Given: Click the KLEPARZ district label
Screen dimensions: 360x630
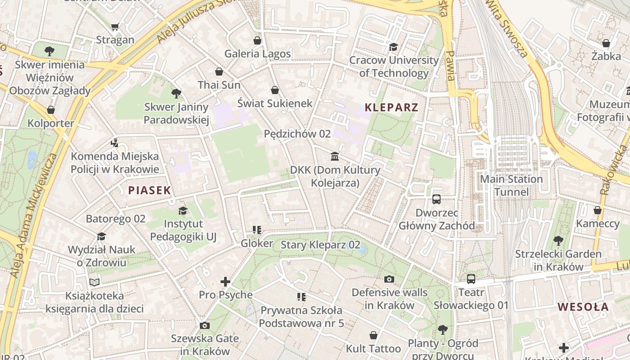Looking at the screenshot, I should (391, 108).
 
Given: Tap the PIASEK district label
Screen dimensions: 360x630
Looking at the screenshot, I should (149, 190).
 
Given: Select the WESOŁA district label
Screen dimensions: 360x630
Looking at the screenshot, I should (583, 307).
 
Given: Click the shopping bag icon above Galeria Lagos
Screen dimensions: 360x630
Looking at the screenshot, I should (257, 40).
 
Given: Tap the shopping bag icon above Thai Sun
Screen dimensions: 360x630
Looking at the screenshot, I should (219, 72).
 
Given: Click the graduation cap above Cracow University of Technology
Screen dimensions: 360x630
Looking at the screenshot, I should (393, 47).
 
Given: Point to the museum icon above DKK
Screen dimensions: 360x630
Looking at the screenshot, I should (335, 157).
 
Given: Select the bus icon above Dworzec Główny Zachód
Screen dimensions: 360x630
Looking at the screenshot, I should (436, 199).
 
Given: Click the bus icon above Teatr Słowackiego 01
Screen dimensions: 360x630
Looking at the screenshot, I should (471, 279).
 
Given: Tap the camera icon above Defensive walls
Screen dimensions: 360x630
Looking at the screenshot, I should (389, 279).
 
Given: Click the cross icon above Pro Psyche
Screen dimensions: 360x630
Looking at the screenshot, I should (225, 282).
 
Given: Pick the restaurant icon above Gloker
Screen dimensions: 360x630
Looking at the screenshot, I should (257, 230).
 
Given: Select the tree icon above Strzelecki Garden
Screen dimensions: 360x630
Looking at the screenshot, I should (558, 241).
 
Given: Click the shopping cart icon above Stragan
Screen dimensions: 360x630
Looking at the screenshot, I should (115, 27).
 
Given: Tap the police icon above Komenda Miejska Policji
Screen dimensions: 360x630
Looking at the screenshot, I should (115, 143).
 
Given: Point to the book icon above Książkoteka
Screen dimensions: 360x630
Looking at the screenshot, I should (94, 282).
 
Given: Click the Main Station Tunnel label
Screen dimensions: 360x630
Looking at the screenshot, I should (511, 185).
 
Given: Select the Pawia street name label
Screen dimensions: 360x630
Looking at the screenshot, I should (450, 66).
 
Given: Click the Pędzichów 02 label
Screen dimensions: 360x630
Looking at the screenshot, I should (297, 134).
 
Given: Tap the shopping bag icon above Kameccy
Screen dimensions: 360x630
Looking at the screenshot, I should (598, 210).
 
